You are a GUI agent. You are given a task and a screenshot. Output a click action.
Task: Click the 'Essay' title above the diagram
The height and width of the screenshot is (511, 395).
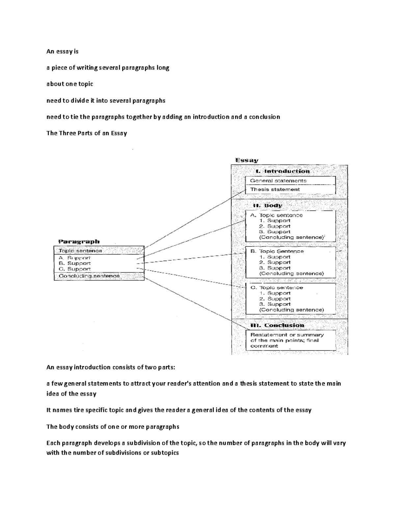click(247, 160)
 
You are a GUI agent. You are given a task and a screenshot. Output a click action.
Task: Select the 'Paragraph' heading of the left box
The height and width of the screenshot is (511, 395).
click(79, 241)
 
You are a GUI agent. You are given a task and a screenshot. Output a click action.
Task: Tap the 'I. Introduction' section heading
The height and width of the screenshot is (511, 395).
click(283, 171)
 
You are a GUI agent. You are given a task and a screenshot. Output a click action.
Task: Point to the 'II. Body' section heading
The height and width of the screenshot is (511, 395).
click(267, 205)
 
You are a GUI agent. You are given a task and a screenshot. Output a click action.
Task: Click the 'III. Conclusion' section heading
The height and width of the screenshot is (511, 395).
click(277, 325)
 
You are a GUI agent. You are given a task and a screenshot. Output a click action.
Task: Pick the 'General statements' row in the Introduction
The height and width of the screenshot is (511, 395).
click(278, 181)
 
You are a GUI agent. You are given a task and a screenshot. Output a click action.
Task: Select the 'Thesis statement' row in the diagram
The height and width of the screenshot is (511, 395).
click(275, 190)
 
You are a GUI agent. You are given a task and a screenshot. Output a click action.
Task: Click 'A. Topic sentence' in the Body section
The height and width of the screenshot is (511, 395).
click(276, 215)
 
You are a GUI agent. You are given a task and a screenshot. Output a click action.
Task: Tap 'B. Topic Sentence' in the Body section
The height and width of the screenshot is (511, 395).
click(277, 251)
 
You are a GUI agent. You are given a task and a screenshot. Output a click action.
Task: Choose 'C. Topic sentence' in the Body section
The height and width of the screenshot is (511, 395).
click(276, 288)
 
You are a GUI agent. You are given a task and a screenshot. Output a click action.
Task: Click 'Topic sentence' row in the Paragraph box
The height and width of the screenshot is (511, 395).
click(80, 251)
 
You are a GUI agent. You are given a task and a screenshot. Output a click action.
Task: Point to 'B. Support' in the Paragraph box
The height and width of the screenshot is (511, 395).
click(75, 263)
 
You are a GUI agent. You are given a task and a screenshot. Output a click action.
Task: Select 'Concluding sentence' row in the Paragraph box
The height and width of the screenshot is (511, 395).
click(89, 276)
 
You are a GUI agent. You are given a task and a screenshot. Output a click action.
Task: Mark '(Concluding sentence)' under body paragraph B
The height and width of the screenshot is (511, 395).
click(291, 273)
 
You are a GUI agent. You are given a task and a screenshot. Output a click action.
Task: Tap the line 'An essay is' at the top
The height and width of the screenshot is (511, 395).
click(63, 51)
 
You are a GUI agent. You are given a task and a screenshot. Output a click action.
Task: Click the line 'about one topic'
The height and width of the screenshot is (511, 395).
click(70, 84)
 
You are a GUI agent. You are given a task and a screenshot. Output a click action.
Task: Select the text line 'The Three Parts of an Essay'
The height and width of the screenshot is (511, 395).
click(87, 133)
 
